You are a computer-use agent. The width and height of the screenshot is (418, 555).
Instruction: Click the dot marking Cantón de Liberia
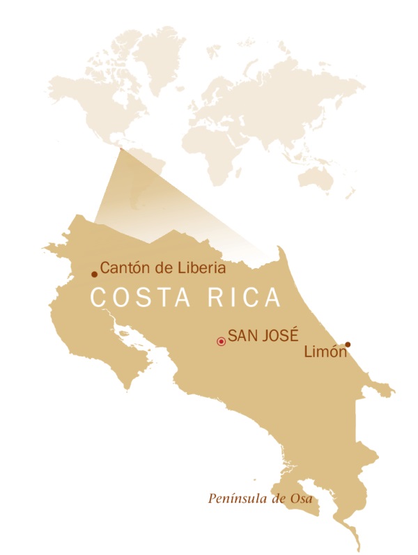tap(95, 274)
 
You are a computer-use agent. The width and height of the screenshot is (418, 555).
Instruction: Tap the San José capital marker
tap(221, 341)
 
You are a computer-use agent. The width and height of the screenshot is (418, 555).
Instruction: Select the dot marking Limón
tap(348, 344)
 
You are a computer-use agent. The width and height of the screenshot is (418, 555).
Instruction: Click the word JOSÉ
tap(279, 334)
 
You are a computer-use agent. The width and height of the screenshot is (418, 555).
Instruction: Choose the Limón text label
tap(325, 353)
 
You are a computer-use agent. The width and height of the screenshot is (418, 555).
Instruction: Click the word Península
tap(236, 499)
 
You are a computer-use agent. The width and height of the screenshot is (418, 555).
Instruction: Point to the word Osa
tap(302, 499)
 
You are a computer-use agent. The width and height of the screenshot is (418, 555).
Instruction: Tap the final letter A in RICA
tap(274, 297)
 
